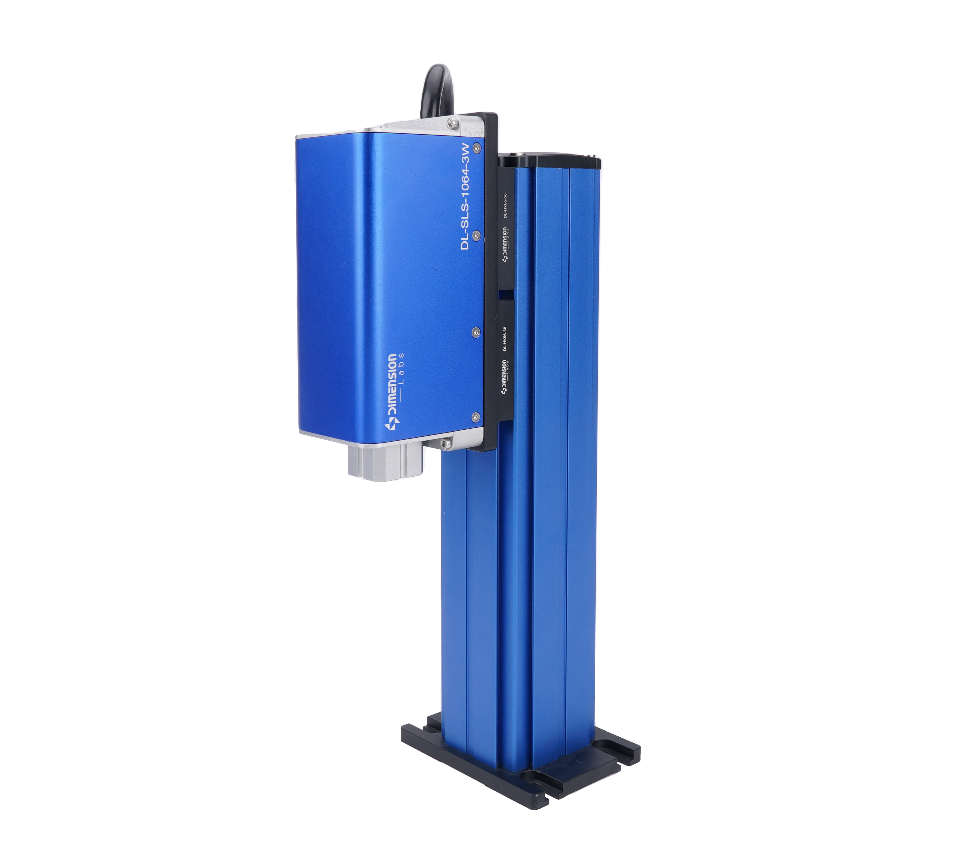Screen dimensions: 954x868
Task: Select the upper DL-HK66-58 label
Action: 505,205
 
